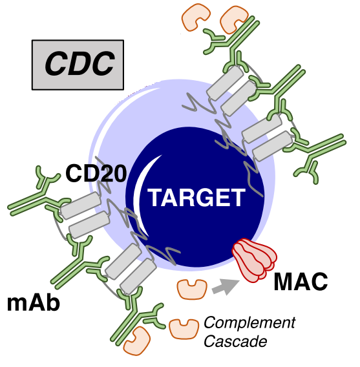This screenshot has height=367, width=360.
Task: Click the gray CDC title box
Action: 78,65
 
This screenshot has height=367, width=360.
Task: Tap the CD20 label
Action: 96,173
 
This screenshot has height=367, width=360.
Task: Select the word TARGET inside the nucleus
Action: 196,198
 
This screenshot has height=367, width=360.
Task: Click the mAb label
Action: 34,303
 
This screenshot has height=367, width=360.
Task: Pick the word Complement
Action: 249,324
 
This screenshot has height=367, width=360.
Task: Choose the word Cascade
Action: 235,341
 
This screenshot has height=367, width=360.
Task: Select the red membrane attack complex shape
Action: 255,260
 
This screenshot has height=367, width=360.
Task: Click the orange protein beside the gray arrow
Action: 192,289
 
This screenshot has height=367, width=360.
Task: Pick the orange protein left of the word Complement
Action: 184,329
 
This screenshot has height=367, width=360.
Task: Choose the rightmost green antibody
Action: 319,154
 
